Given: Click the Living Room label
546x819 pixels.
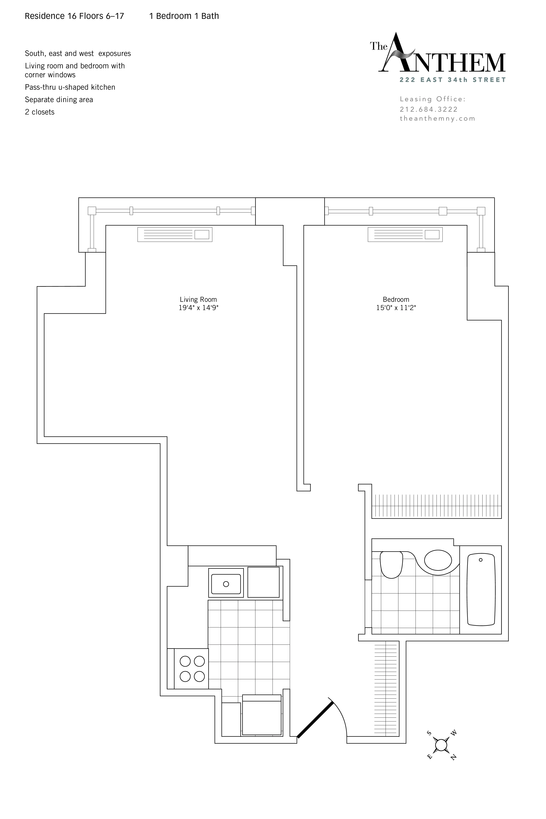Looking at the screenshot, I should pyautogui.click(x=198, y=299).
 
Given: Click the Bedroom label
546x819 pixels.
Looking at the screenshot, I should pyautogui.click(x=396, y=299).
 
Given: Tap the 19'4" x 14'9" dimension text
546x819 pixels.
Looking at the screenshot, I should pyautogui.click(x=198, y=308).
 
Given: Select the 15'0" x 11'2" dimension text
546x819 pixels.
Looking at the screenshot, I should pyautogui.click(x=396, y=308).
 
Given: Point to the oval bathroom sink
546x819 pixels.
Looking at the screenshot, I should pyautogui.click(x=438, y=560).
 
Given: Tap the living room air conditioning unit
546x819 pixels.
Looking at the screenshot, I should pyautogui.click(x=175, y=235).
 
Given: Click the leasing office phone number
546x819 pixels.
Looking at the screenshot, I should pyautogui.click(x=429, y=109).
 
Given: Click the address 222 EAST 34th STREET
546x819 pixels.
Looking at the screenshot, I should pyautogui.click(x=453, y=80).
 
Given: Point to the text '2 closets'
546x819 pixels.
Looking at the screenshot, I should pyautogui.click(x=40, y=112).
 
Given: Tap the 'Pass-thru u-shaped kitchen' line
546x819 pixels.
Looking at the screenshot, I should pyautogui.click(x=70, y=87).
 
